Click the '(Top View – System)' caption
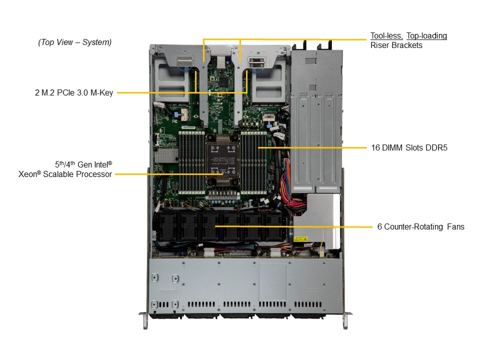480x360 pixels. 75,42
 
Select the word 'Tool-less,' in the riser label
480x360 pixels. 386,36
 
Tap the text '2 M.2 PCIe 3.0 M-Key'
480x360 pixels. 74,92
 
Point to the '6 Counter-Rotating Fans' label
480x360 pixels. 420,227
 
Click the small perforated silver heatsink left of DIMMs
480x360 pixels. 163,157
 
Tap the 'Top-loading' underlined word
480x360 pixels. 426,36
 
